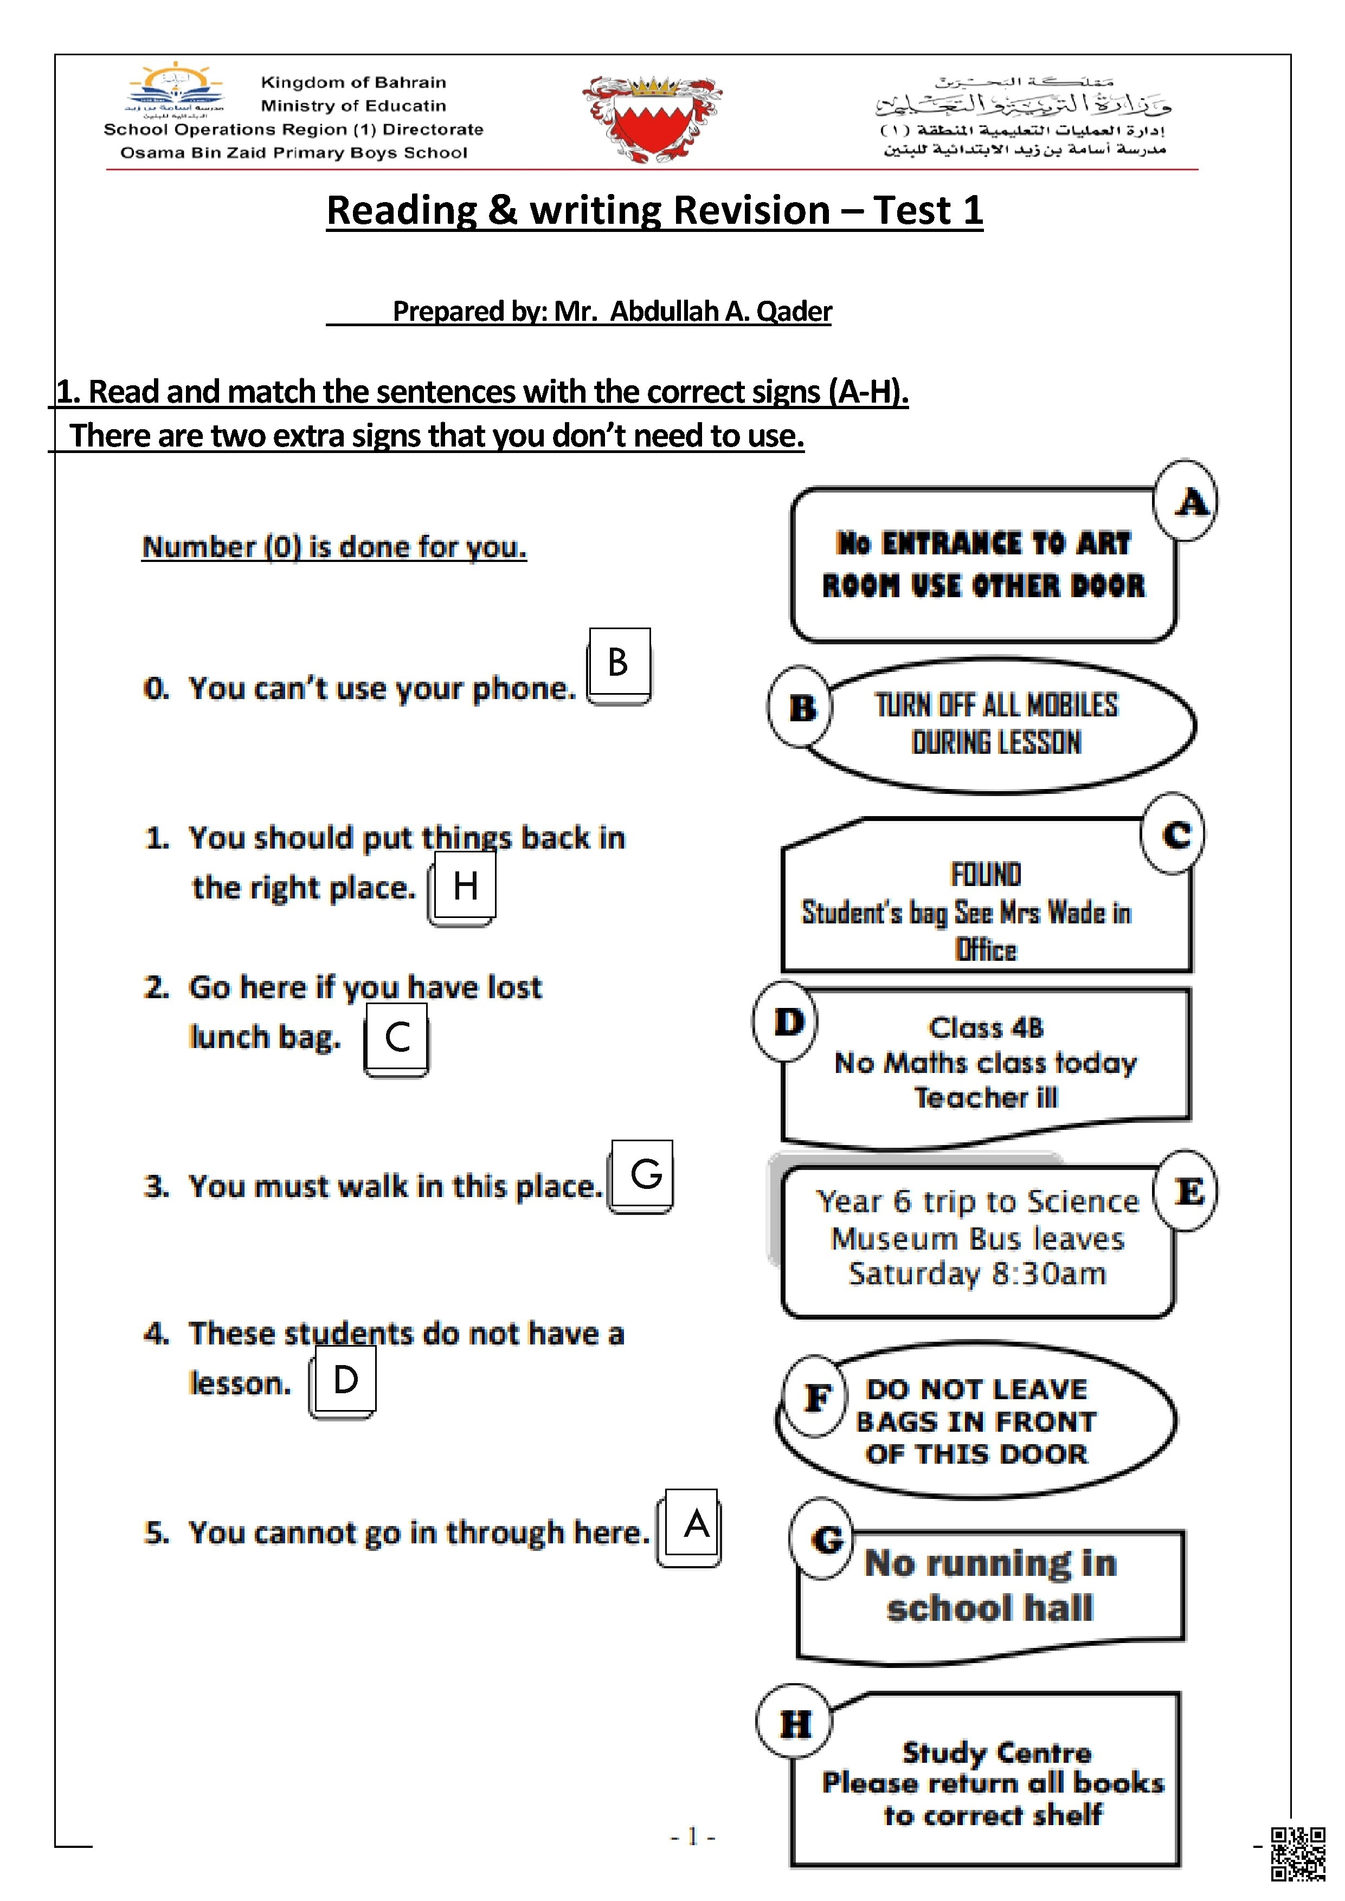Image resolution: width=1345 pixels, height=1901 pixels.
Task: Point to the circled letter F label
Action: tap(816, 1398)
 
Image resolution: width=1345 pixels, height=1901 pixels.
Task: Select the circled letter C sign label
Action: tap(1174, 834)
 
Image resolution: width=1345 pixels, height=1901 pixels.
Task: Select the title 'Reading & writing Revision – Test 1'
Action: tap(654, 210)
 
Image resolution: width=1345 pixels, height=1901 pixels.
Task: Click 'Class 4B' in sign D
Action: tap(986, 1027)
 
